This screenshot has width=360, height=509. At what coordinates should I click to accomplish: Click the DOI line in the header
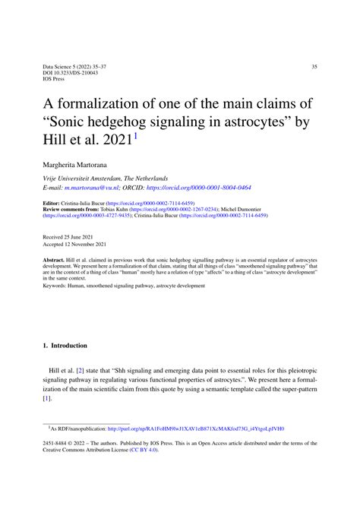click(67, 74)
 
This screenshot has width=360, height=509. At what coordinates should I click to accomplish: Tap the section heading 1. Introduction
click(65, 346)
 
